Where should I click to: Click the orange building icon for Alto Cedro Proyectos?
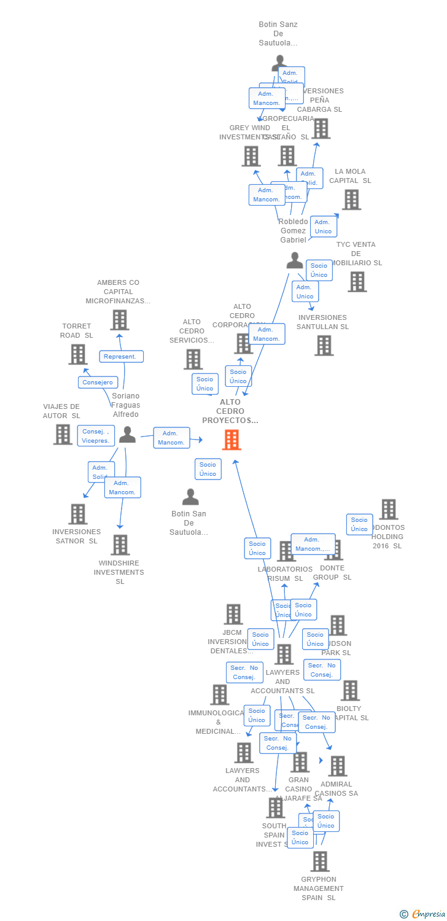231,440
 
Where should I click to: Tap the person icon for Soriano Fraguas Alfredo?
127,435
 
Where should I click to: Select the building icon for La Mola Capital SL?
351,200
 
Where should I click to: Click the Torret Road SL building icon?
78,354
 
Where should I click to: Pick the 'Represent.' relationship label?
122,357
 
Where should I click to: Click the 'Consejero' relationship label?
98,383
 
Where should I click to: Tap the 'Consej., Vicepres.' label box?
96,436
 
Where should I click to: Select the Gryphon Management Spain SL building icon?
319,861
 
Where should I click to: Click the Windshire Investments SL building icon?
120,545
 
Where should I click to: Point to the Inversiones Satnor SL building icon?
78,514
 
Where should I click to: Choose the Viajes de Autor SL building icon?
63,434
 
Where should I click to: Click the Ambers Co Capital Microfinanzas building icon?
120,320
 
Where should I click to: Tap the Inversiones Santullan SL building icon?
324,346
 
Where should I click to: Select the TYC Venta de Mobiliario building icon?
357,282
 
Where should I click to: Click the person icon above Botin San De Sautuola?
190,497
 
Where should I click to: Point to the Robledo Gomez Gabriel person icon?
295,261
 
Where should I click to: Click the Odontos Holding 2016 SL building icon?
388,509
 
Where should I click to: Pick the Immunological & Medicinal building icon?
219,694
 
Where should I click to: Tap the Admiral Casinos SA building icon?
337,766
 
